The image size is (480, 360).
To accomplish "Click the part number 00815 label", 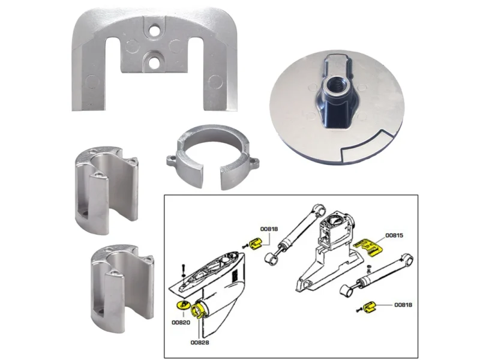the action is (x=394, y=235).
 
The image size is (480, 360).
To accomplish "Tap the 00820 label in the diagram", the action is (x=181, y=322).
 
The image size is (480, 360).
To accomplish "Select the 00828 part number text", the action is (x=200, y=343).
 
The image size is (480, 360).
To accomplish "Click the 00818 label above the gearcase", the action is (x=269, y=229).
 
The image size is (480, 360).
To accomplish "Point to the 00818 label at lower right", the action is (x=403, y=305).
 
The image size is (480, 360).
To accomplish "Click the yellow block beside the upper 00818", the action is (x=256, y=244).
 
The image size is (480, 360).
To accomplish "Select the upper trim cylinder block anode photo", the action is (x=106, y=190).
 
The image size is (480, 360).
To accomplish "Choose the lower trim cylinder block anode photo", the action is (x=122, y=289).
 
